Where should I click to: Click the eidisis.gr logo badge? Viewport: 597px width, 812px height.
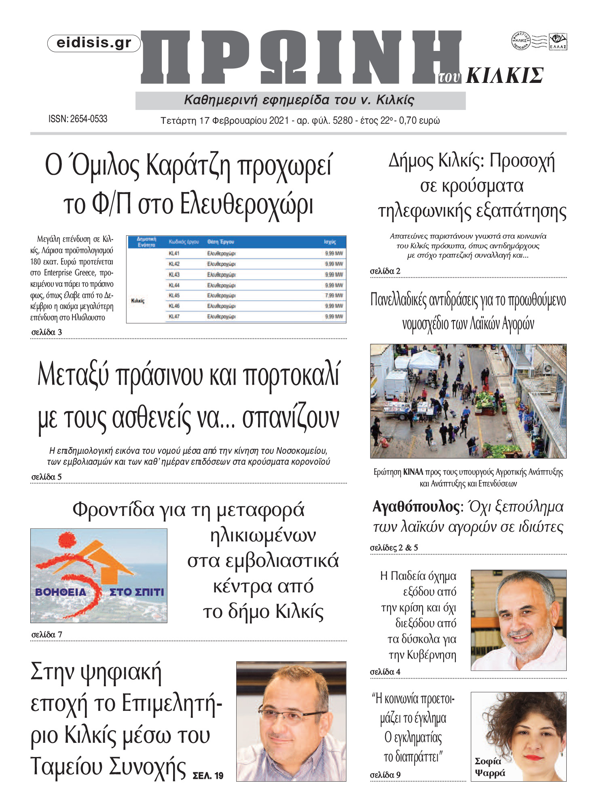94,43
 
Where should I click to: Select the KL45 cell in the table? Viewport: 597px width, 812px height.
174,296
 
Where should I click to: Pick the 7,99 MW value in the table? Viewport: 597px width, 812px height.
334,296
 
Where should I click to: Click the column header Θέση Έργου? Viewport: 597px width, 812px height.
220,242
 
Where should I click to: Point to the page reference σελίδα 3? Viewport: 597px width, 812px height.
47,332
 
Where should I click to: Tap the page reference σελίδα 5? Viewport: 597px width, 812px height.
47,477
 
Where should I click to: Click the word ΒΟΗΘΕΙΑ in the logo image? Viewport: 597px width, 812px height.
61,592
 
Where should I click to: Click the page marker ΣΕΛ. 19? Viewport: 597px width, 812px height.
208,776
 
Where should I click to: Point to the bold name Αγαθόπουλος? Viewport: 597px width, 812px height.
416,507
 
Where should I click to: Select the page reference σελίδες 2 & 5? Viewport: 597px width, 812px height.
394,548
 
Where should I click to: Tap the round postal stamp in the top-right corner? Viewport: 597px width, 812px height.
521,41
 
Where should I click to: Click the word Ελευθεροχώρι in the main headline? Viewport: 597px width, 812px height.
246,204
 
